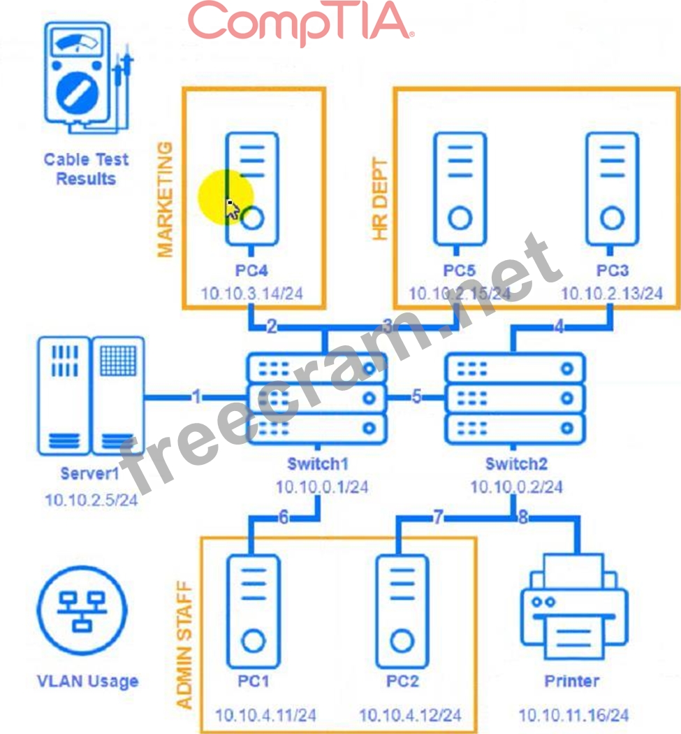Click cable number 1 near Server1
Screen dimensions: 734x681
[197, 398]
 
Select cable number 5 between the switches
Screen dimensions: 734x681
[416, 398]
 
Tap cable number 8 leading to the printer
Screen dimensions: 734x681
[522, 518]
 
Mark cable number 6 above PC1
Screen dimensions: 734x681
[284, 518]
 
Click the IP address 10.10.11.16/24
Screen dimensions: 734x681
[573, 715]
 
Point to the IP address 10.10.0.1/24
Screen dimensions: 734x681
[321, 487]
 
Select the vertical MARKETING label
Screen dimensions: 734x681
[166, 199]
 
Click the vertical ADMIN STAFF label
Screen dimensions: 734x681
[184, 643]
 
